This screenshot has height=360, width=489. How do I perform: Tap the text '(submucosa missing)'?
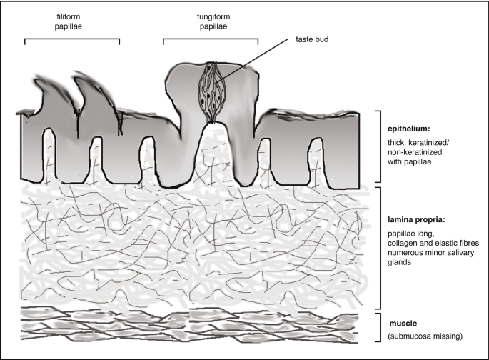(423, 336)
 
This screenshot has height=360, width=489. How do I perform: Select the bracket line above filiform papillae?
(72, 39)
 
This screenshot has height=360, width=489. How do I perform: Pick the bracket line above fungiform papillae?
(211, 39)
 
